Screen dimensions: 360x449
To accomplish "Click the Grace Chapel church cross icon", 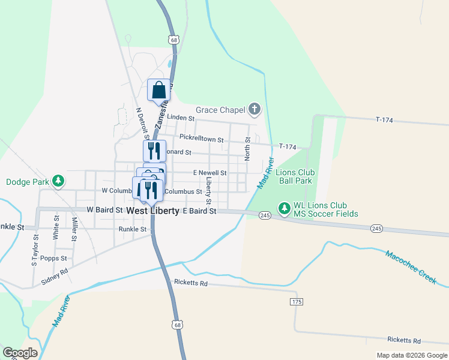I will [x=255, y=109].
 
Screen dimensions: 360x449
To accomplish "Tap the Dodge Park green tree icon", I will [x=58, y=181].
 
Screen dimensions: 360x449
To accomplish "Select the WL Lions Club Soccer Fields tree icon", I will [x=284, y=209].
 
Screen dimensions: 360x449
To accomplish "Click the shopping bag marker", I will [x=158, y=91].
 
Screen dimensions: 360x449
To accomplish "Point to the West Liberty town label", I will [x=153, y=211].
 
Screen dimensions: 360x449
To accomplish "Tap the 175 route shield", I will [x=296, y=302].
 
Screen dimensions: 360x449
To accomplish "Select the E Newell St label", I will [x=209, y=173].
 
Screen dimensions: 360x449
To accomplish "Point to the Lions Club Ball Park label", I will [x=294, y=176].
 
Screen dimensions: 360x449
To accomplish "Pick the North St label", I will [x=247, y=148].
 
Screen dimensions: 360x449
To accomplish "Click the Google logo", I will [x=20, y=352].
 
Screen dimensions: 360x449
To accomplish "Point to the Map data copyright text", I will [x=412, y=355].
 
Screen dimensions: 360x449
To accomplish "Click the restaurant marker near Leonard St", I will [x=154, y=150].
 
